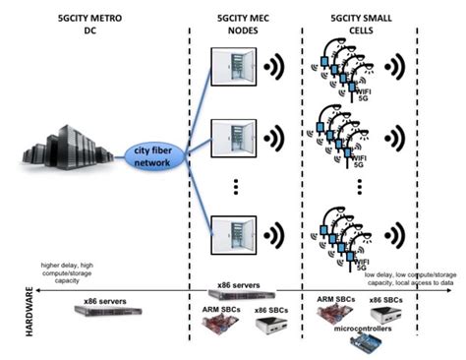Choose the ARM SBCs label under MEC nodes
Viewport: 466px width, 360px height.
pos(211,307)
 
